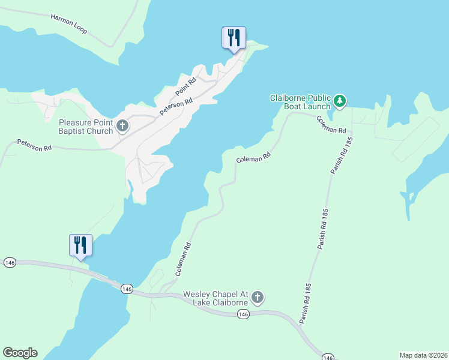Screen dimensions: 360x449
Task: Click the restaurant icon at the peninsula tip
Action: [232, 38]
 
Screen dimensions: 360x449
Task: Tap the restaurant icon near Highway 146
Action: [80, 245]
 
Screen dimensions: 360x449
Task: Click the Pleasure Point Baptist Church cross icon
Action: [122, 126]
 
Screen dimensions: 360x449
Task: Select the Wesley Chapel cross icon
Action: [258, 297]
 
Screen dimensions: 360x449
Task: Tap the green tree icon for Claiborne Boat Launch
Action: [340, 101]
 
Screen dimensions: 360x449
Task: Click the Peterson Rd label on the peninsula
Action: [176, 107]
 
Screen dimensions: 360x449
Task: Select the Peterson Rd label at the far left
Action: [35, 146]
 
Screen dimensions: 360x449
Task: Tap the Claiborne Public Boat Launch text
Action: [300, 102]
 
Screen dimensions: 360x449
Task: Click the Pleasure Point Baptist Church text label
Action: [86, 127]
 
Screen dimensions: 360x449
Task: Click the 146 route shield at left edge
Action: [9, 263]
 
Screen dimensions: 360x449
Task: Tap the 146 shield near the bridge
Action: [126, 289]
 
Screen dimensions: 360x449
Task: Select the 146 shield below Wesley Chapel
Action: [243, 314]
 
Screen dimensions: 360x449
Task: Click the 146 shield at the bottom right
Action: [328, 358]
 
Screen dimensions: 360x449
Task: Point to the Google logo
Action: [20, 353]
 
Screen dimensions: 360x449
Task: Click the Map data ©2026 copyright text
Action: [423, 355]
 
